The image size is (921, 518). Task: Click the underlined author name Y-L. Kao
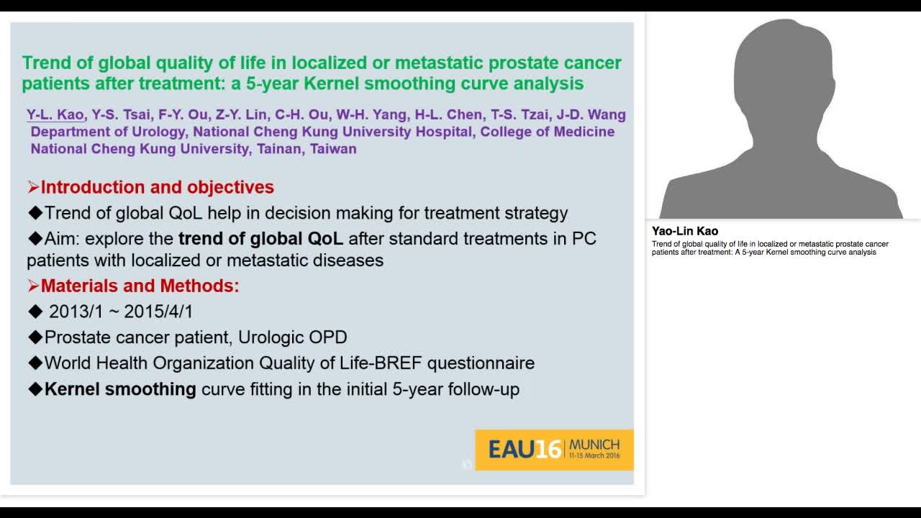point(55,114)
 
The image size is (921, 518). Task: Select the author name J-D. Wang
point(591,114)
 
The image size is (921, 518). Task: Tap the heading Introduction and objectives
point(157,187)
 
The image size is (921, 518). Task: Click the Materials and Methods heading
point(140,286)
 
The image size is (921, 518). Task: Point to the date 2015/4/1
point(158,312)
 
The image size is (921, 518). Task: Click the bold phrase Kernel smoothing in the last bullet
point(120,389)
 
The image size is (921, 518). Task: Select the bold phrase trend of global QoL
point(260,239)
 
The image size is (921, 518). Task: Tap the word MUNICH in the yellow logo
point(594,445)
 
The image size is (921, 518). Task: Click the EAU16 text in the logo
point(525,450)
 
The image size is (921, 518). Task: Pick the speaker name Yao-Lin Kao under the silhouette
point(685,231)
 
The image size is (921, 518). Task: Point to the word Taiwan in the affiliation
point(333,149)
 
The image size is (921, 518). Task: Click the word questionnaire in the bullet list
point(481,363)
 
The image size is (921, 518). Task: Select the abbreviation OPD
point(327,337)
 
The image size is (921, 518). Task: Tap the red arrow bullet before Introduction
point(33,187)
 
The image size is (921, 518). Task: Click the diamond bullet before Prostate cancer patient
point(36,337)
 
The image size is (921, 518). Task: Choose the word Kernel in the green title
point(331,83)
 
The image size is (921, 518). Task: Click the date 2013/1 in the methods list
point(76,312)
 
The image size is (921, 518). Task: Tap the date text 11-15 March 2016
point(594,455)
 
